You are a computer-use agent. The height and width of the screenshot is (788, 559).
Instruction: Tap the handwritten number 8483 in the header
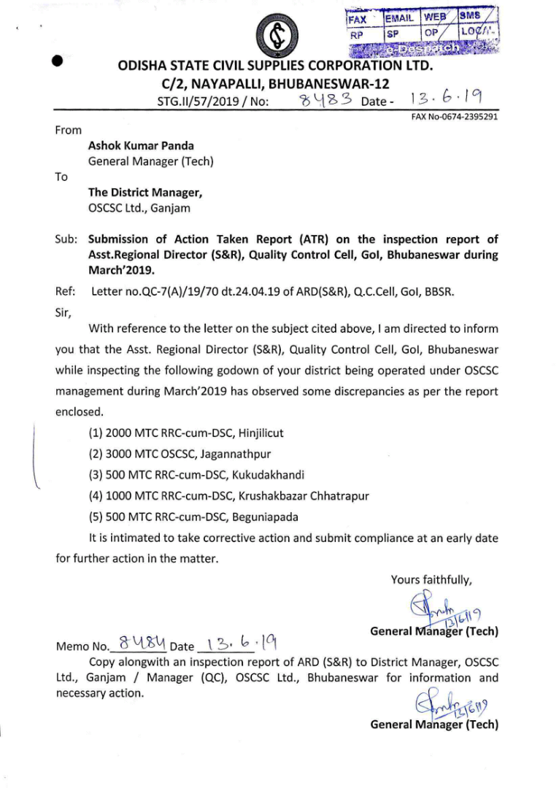(x=327, y=100)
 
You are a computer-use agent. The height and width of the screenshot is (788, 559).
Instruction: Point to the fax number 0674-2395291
(x=469, y=116)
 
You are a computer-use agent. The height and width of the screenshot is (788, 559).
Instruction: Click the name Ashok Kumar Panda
(x=136, y=145)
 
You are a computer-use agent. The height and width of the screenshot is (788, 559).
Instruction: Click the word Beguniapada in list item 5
(x=265, y=517)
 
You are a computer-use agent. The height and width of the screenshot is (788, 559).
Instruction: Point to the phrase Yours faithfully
(x=431, y=580)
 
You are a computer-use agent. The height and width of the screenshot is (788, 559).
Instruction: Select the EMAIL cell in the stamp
(x=401, y=18)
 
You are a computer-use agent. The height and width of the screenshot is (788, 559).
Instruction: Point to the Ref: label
(x=66, y=292)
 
